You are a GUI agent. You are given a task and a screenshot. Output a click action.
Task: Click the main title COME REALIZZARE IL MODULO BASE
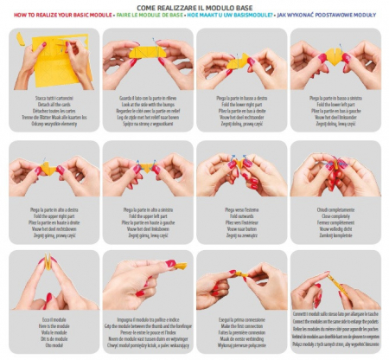(194, 6)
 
